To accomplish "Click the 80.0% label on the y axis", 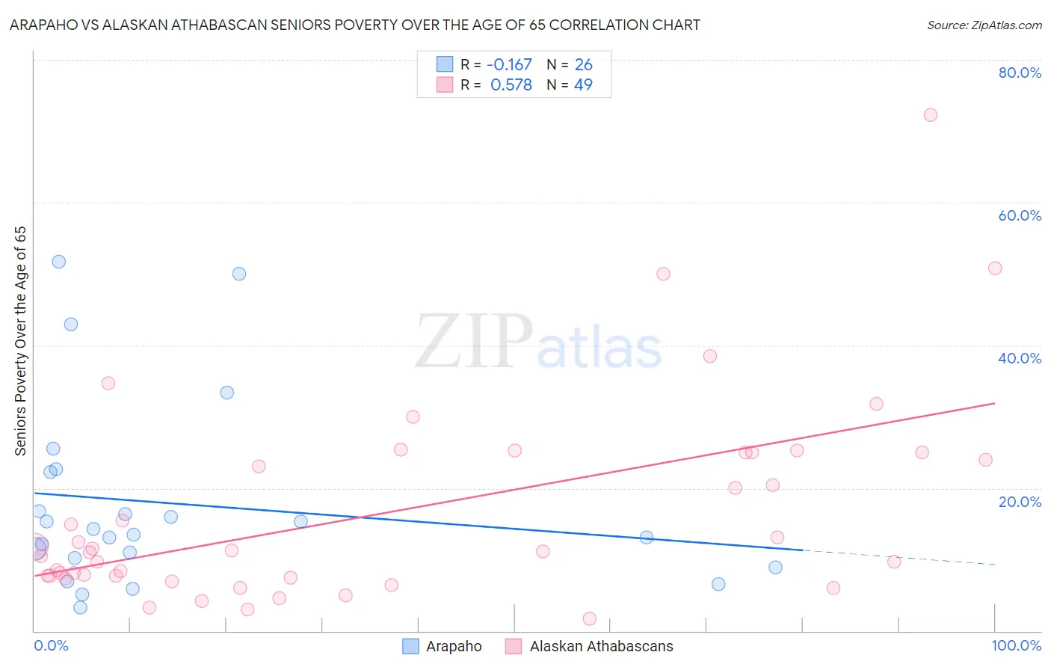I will (1020, 73).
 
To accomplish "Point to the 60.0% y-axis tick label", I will (1020, 215).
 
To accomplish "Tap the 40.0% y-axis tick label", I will (1020, 358).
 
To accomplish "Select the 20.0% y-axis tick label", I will (1020, 502).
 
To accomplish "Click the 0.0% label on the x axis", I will (51, 645).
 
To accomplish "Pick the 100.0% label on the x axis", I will (1016, 645).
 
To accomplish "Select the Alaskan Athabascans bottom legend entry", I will (590, 646).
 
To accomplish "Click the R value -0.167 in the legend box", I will (509, 65).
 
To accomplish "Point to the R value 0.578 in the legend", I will (511, 85).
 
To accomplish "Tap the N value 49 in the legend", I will (583, 85).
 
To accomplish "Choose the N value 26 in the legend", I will (583, 65).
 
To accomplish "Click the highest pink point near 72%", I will (930, 115).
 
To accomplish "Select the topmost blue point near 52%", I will (59, 262).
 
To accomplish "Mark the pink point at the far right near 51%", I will (995, 268).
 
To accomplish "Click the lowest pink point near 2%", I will (589, 618).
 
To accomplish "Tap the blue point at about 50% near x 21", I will (239, 274).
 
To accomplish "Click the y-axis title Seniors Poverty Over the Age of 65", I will (21, 341).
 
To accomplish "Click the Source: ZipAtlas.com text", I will (984, 25).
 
